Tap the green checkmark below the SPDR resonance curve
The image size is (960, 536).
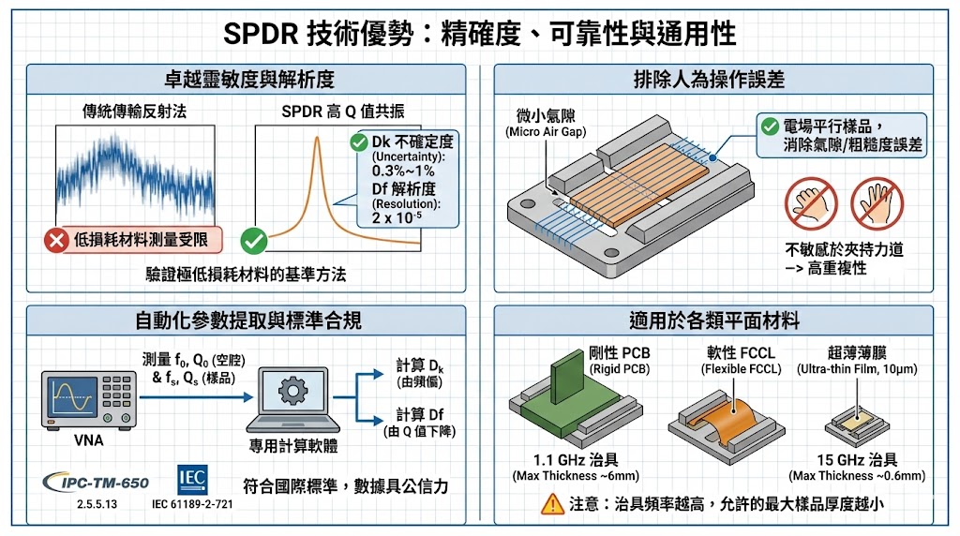pos(254,241)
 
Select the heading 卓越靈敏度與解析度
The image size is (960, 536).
pos(248,79)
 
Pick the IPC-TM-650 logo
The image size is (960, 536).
pos(97,483)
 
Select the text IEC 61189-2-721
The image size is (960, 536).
pos(192,504)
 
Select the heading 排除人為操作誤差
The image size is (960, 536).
pos(715,79)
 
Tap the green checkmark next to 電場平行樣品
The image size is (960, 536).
pos(769,126)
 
